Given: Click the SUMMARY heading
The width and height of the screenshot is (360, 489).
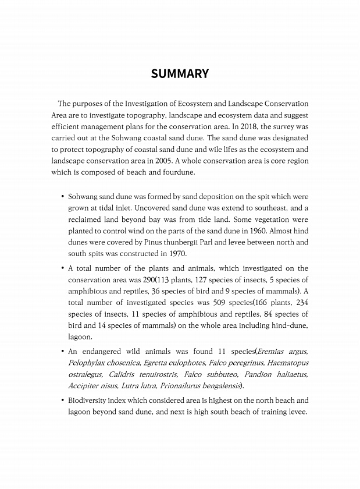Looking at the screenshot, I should (x=180, y=74).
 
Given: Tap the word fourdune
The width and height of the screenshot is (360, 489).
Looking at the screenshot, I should (x=181, y=172).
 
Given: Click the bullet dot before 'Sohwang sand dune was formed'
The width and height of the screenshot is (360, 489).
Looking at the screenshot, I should (x=62, y=197).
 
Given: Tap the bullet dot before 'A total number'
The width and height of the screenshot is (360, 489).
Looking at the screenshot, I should (x=62, y=268).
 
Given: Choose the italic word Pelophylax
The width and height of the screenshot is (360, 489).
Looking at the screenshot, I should (x=87, y=363).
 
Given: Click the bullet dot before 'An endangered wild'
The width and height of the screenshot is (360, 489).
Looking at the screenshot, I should (x=62, y=352).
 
